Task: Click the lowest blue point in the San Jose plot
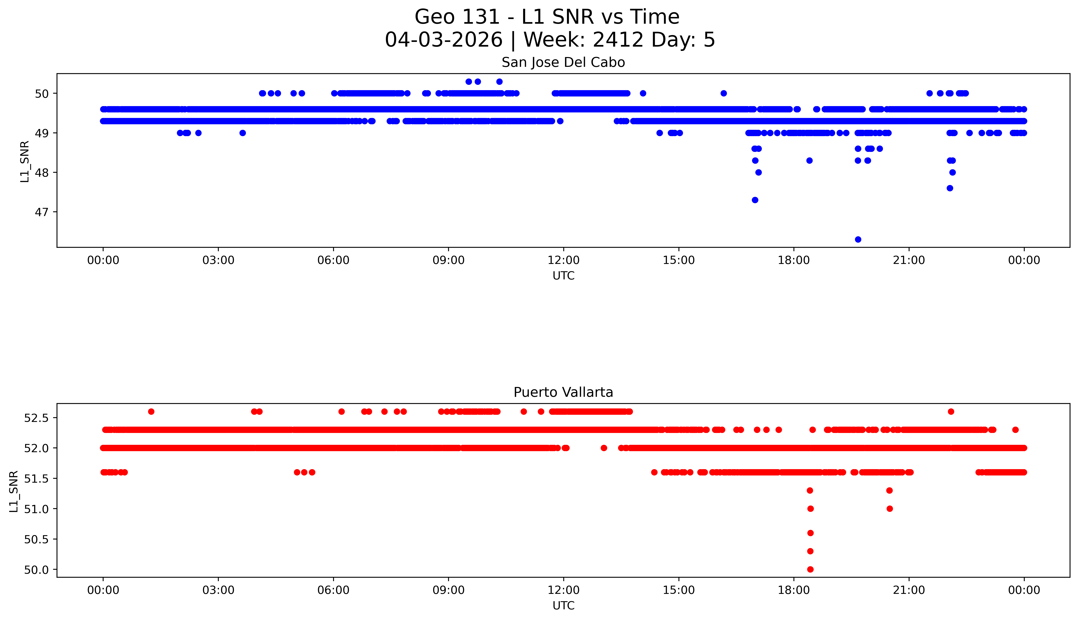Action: (x=858, y=239)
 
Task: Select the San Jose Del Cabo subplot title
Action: (x=563, y=63)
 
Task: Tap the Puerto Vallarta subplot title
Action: (x=563, y=392)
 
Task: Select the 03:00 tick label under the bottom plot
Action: (x=218, y=590)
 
